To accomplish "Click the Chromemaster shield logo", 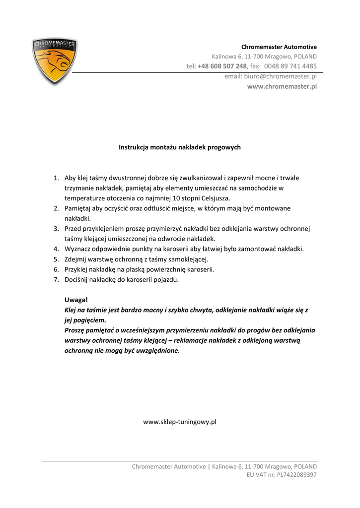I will click(x=54, y=61).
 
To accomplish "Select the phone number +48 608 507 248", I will click(x=222, y=66).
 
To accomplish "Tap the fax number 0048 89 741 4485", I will click(x=290, y=66).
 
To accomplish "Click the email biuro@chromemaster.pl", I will click(x=280, y=76).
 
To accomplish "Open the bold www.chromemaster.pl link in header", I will click(x=282, y=86).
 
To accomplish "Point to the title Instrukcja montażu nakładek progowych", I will click(x=180, y=147).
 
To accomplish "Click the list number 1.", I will click(x=56, y=178).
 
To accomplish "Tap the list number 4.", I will click(x=56, y=249).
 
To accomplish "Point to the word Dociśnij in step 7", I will click(x=77, y=279).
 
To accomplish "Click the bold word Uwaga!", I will click(x=76, y=300).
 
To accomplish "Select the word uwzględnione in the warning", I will click(x=158, y=351).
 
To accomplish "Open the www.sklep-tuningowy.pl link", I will click(x=180, y=422).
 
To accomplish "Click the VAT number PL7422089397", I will click(x=296, y=475).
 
